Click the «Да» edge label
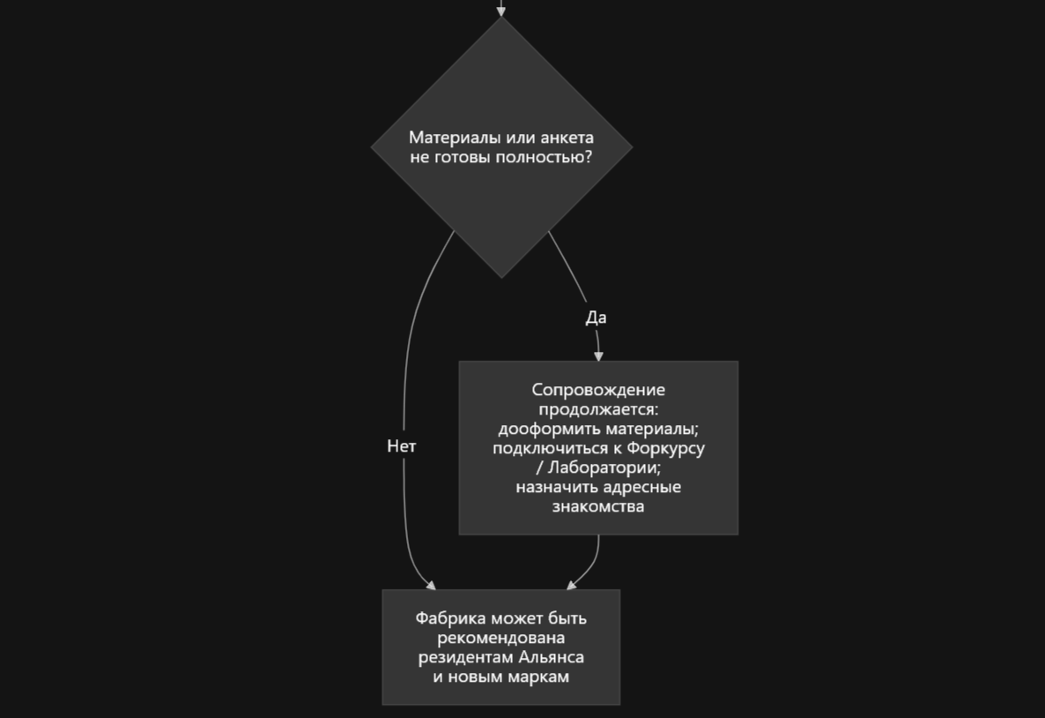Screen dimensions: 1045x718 pos(596,318)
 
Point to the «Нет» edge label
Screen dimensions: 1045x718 pos(401,446)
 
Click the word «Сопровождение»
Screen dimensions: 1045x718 pos(598,390)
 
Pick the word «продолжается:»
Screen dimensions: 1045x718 pos(598,409)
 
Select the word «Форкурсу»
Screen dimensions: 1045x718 pos(666,448)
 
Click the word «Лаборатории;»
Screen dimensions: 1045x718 pos(604,467)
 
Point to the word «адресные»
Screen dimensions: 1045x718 pos(641,486)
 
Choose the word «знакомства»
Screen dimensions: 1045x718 pos(598,505)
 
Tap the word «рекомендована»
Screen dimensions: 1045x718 pos(501,638)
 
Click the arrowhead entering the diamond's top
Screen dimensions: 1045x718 pos(501,11)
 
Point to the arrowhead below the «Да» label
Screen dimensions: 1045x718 pos(598,356)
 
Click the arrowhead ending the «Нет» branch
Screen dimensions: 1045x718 pos(432,586)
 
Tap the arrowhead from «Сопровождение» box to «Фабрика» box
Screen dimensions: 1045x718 pos(570,586)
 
